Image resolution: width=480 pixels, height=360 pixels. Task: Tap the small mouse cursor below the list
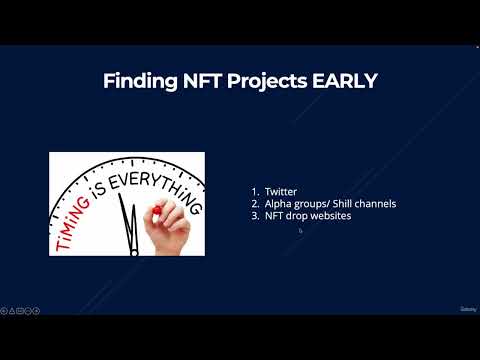[300, 230]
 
